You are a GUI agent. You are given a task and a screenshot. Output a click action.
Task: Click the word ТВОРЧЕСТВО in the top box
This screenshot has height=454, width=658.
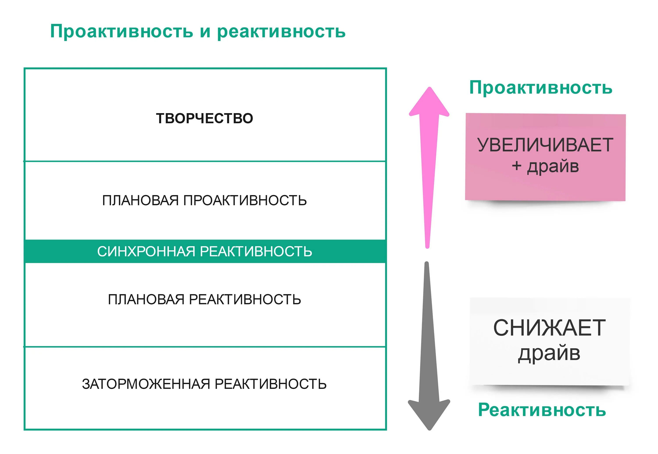204,118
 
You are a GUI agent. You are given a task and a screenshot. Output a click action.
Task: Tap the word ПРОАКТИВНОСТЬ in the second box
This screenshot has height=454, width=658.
245,200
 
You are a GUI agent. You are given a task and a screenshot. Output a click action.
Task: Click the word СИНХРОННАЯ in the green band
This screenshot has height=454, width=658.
146,251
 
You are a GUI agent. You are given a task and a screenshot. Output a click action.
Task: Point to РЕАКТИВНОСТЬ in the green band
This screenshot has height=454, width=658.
256,251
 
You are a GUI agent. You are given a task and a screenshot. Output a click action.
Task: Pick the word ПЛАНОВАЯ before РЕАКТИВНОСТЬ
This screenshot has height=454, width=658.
146,299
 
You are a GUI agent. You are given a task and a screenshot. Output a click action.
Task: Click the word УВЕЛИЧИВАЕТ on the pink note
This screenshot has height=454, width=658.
545,145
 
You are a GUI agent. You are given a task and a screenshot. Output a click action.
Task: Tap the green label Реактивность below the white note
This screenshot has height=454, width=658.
542,410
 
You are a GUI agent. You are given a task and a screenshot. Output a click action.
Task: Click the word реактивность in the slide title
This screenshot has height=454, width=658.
281,31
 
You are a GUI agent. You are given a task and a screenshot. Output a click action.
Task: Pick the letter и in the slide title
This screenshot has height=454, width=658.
205,32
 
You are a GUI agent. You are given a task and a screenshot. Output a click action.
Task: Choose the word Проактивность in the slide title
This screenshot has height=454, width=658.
122,31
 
